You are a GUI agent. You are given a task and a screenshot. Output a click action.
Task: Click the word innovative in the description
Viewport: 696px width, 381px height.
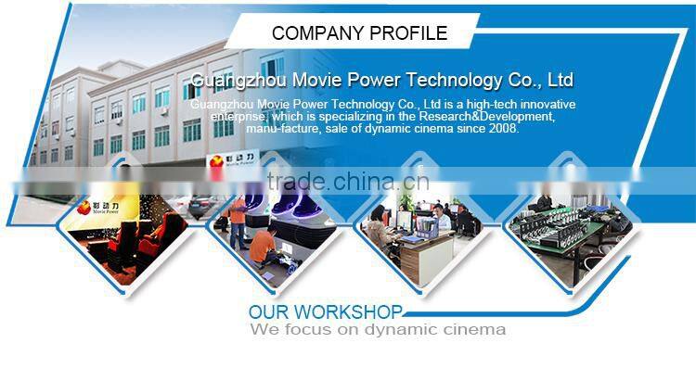tap(542, 104)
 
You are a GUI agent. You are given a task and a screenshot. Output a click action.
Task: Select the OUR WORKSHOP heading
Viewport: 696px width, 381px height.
tap(326, 311)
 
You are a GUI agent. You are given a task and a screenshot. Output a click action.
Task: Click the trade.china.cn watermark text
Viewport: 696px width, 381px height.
tap(348, 181)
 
